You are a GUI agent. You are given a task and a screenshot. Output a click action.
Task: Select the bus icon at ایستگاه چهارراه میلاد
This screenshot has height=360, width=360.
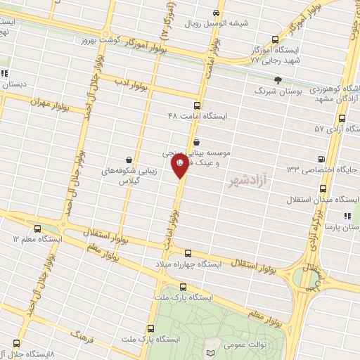click(188, 253)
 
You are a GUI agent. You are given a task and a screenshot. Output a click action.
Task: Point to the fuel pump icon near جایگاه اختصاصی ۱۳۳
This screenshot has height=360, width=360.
click(323, 159)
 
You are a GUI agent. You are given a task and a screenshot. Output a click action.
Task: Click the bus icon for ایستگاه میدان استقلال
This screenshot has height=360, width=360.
click(323, 188)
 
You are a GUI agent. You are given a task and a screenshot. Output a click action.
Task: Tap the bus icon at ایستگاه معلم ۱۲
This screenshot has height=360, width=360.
click(37, 229)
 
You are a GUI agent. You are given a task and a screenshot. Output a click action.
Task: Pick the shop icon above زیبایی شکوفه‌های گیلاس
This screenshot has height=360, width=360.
click(128, 160)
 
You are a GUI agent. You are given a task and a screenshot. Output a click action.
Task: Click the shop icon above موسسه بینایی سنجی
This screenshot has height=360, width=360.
click(195, 141)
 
